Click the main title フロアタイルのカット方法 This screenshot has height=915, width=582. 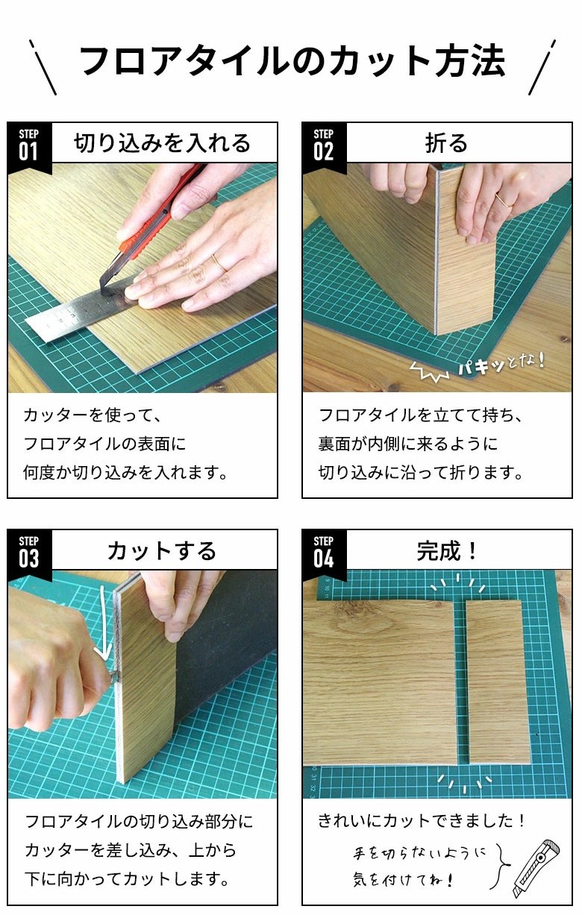coord(292,61)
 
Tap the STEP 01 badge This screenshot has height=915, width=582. coord(29,146)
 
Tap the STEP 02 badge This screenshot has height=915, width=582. coord(324,146)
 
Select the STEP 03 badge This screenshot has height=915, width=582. coord(29,553)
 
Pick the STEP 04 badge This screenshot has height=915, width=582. coord(324,553)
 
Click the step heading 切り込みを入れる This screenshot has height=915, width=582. coord(162,143)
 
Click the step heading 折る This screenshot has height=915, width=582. coord(446,143)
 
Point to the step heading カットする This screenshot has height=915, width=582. coord(162,550)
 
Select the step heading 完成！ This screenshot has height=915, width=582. coord(446,550)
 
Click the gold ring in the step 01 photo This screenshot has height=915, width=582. coord(219,263)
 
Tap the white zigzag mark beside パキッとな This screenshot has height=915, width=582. coord(430,371)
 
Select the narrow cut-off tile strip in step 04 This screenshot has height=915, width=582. coord(498,682)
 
